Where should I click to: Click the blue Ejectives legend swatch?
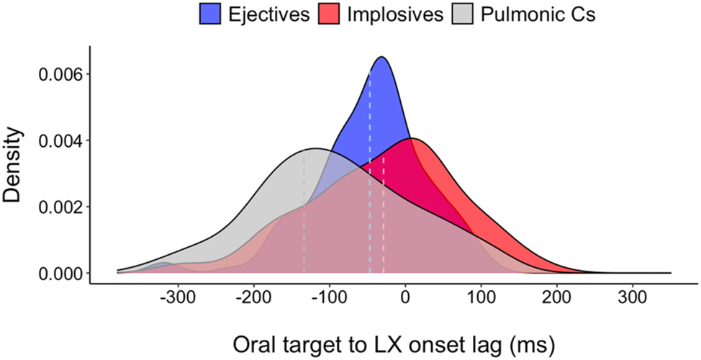(x=212, y=14)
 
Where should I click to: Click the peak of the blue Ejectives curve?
(x=382, y=57)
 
